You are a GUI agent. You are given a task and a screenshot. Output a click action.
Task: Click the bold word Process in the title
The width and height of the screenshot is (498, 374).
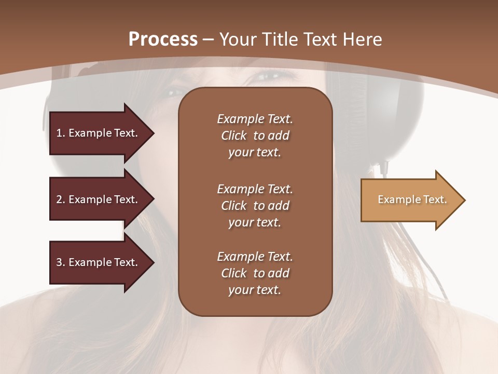coord(163,39)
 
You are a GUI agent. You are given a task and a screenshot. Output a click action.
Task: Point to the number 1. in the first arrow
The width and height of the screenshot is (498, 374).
coord(61,133)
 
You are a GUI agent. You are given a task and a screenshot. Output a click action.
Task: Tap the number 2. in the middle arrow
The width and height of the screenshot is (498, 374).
coord(61,199)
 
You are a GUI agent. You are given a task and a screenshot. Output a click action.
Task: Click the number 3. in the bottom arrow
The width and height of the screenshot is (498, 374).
coord(61,262)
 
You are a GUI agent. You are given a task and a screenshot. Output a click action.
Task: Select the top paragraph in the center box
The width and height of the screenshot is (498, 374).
coord(255,136)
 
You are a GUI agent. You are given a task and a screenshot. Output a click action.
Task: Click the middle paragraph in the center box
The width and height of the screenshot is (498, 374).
coord(255,206)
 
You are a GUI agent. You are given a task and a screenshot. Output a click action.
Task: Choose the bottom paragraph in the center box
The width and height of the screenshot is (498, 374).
coord(255,273)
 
